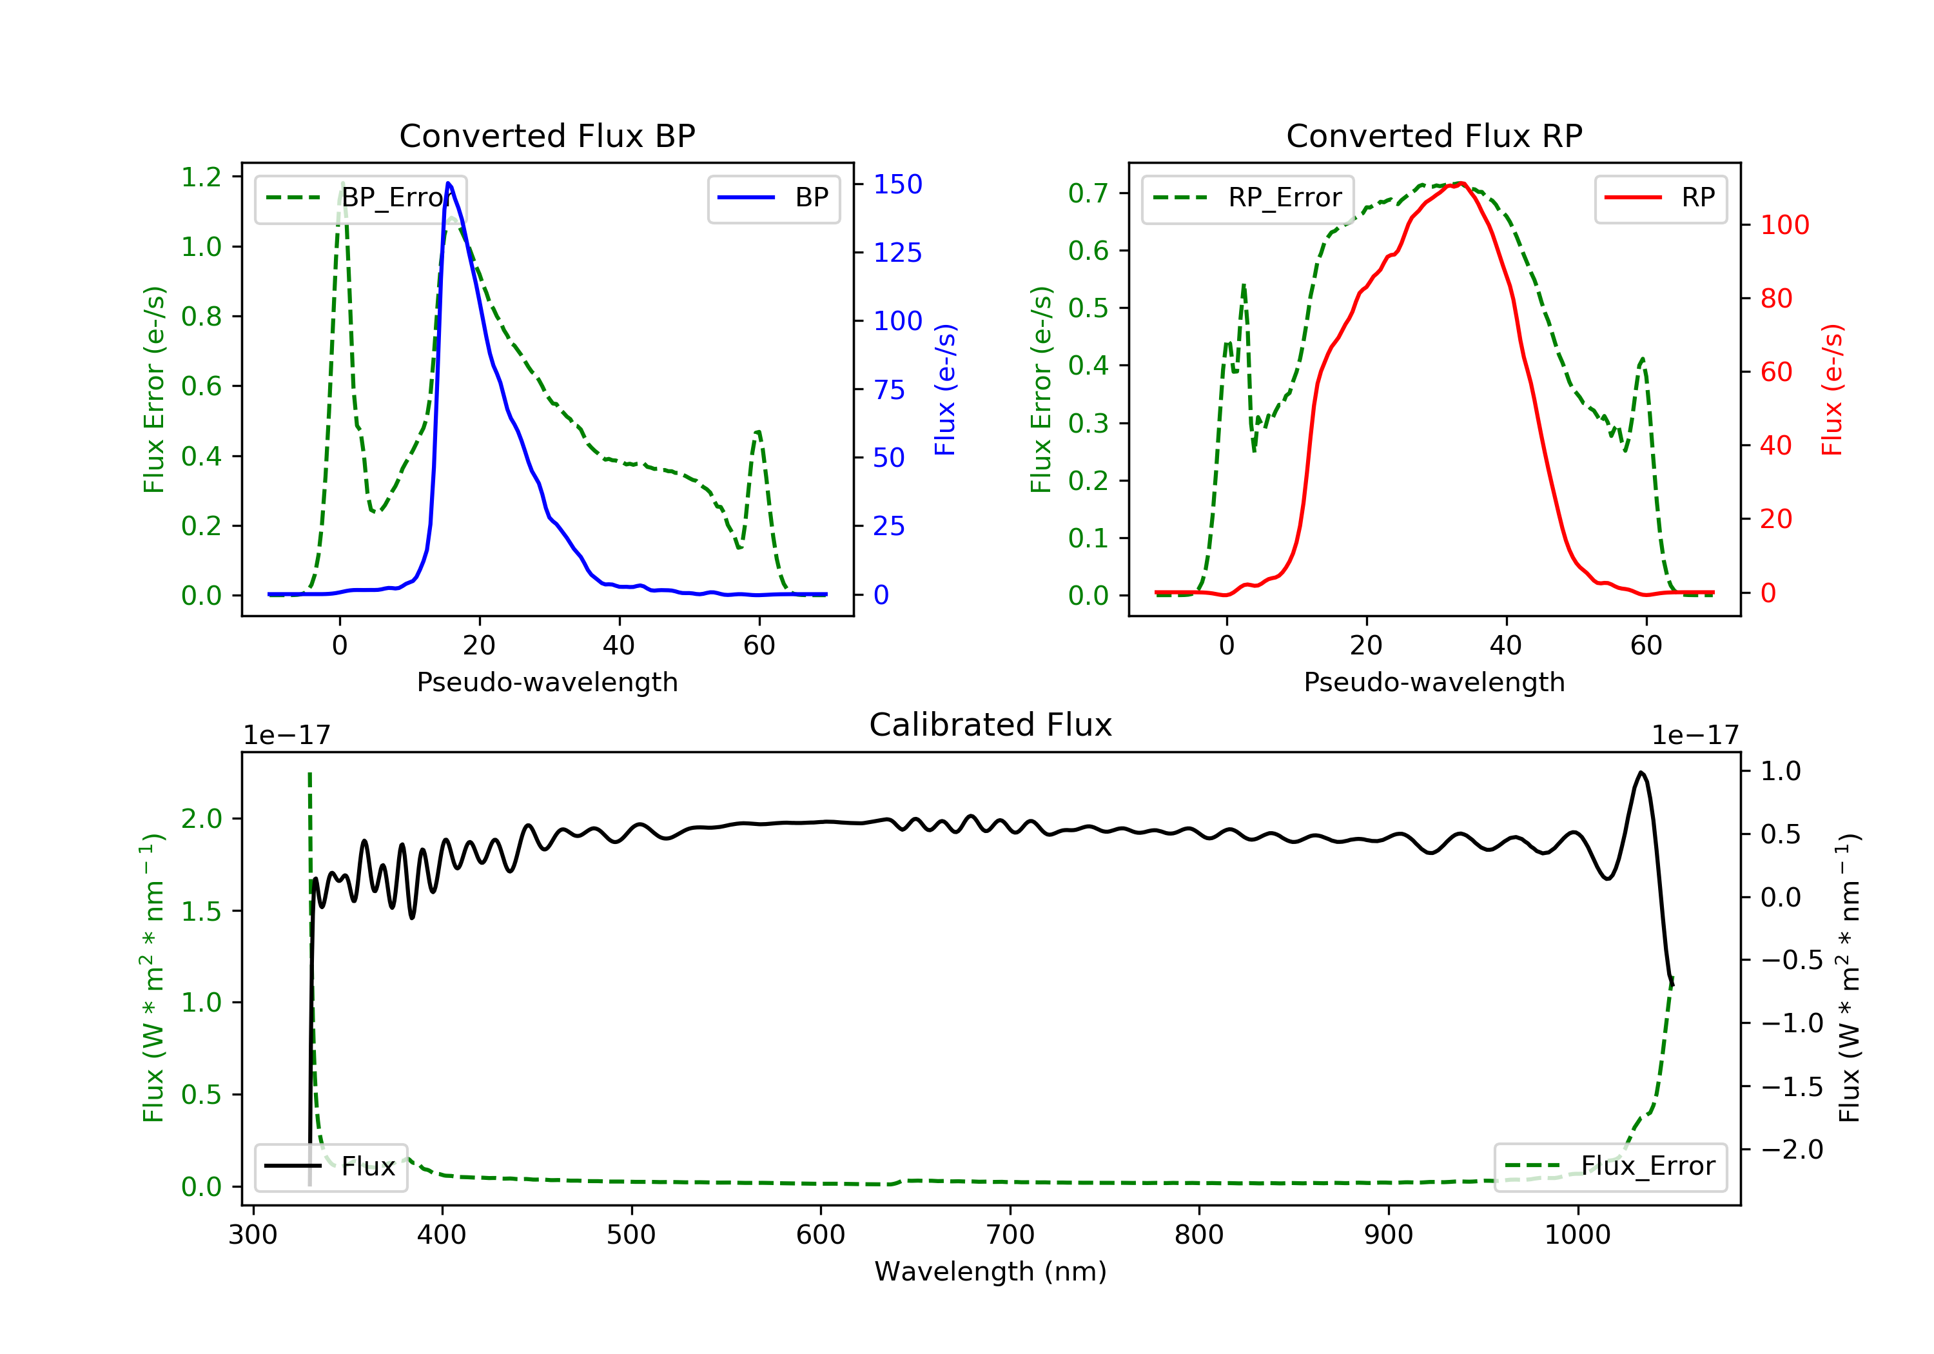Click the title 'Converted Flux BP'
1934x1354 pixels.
click(547, 135)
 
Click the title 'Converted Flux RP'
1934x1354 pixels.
click(1434, 135)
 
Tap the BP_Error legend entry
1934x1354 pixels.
click(360, 198)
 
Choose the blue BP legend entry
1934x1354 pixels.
click(773, 198)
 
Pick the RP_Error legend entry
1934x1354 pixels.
click(1247, 198)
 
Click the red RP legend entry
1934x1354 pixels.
click(1660, 198)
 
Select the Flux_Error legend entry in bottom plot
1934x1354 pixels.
click(1610, 1166)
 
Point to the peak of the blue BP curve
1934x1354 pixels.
click(448, 183)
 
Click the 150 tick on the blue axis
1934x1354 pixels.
click(897, 184)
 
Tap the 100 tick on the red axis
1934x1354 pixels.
click(1784, 225)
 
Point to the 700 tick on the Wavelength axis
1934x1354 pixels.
click(1010, 1235)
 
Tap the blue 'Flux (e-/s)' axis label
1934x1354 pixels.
click(945, 389)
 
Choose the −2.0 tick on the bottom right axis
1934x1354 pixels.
click(1791, 1149)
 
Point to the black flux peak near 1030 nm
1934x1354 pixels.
click(1641, 772)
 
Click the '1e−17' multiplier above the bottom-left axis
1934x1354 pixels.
click(286, 736)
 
